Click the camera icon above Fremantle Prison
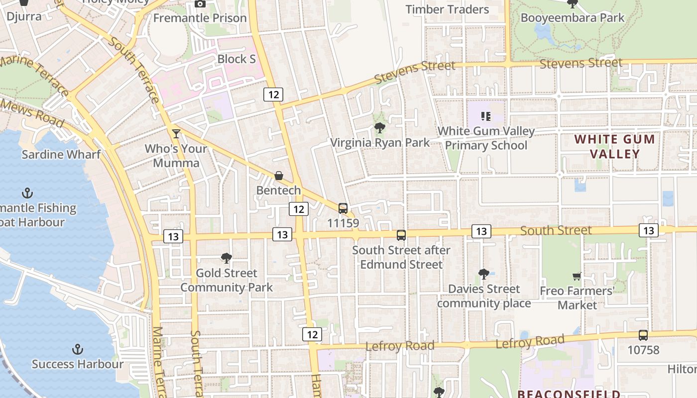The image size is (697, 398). [x=200, y=4]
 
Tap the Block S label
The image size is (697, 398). [x=236, y=59]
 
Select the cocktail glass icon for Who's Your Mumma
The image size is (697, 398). [x=176, y=133]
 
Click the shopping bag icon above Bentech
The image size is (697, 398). [x=279, y=176]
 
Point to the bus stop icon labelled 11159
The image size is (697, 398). [x=343, y=208]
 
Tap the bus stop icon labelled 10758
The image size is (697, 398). [x=643, y=335]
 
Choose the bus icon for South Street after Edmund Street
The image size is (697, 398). [x=401, y=235]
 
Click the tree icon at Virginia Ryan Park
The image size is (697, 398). [x=380, y=128]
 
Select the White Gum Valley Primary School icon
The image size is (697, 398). [x=486, y=117]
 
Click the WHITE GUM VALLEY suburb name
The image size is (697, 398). [x=615, y=146]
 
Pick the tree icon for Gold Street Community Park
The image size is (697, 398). [x=227, y=258]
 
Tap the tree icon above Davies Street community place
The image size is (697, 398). [x=483, y=274]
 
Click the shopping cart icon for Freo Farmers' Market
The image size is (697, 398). [x=577, y=276]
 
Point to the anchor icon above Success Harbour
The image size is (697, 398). [x=77, y=349]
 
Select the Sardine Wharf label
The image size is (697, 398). [x=61, y=154]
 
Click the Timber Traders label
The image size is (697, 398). [x=447, y=9]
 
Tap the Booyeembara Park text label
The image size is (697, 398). [x=573, y=18]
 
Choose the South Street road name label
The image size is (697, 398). [x=556, y=230]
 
